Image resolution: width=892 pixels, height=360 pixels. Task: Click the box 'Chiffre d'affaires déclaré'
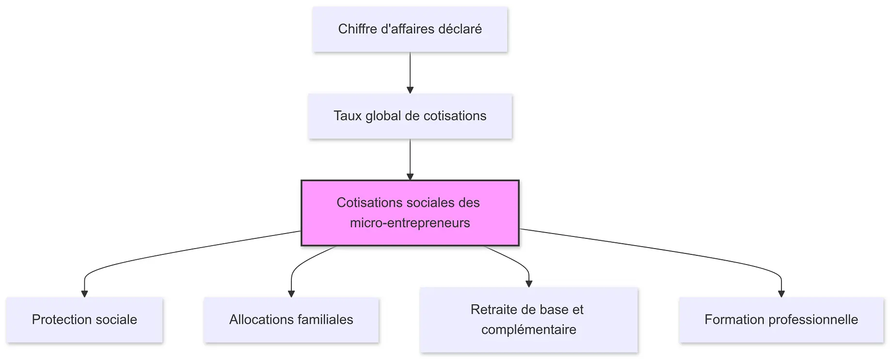click(x=410, y=29)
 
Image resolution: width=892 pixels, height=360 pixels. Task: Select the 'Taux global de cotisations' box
click(x=410, y=116)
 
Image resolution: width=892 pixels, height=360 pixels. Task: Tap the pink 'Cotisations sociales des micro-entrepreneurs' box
click(x=410, y=213)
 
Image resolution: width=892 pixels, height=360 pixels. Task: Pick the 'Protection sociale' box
click(x=84, y=320)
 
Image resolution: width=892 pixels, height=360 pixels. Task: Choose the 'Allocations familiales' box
click(x=291, y=320)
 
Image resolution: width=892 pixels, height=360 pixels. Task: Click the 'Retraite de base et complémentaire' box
click(x=528, y=320)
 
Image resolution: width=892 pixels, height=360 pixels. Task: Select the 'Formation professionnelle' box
click(x=781, y=320)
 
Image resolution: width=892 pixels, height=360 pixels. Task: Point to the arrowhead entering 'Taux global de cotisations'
click(x=410, y=90)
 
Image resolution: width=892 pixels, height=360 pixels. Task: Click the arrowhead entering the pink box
click(x=410, y=177)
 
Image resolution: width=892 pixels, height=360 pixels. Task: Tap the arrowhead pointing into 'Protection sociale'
click(x=84, y=294)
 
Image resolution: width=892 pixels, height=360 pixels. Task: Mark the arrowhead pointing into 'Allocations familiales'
click(x=291, y=294)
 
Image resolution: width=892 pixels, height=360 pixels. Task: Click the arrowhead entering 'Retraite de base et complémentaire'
click(x=529, y=284)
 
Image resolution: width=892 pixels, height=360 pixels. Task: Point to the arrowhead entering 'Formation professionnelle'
click(x=781, y=294)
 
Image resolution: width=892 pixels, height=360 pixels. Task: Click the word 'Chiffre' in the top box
click(x=357, y=29)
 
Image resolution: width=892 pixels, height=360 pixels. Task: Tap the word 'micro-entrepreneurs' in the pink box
click(x=410, y=223)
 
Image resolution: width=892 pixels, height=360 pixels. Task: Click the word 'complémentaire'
click(x=528, y=330)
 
